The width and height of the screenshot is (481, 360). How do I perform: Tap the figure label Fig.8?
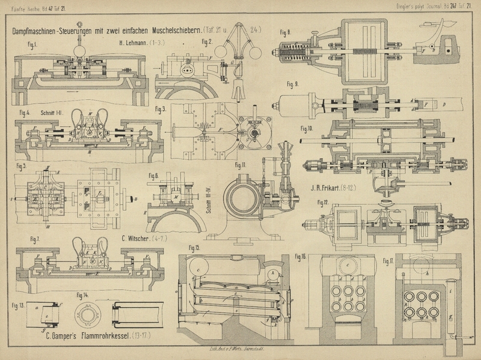click(x=285, y=31)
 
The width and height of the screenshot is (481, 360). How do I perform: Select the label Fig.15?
click(x=194, y=248)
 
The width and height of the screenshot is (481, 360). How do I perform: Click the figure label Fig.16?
click(x=301, y=257)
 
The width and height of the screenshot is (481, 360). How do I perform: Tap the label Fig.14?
click(x=82, y=294)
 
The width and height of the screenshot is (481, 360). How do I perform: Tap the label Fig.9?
click(x=293, y=84)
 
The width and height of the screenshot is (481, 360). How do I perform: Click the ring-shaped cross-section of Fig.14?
click(x=88, y=315)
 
